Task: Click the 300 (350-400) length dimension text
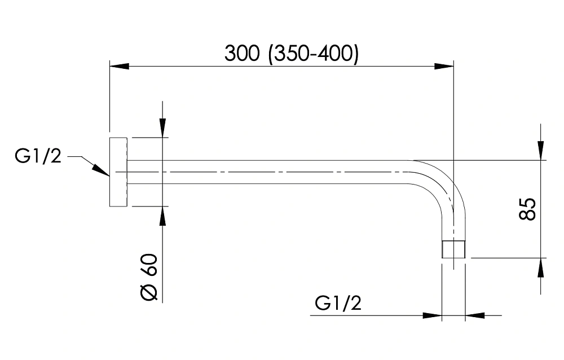tap(292, 54)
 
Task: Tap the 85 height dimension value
tap(527, 209)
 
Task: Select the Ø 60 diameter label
tap(149, 277)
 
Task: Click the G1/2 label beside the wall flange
tap(38, 156)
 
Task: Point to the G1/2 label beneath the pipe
tap(338, 303)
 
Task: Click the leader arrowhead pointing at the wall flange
tap(101, 170)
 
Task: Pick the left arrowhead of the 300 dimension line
tap(120, 66)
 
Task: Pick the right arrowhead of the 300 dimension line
tap(444, 66)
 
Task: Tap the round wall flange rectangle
tap(118, 172)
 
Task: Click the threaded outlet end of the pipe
tap(453, 249)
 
